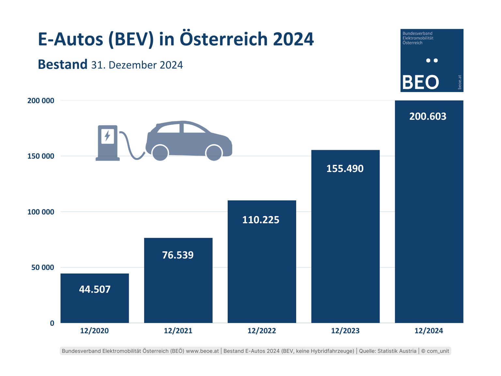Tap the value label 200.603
(x=428, y=117)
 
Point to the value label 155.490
(x=345, y=169)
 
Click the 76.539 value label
(x=178, y=255)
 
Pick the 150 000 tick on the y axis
(x=41, y=156)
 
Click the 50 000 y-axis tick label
(x=43, y=268)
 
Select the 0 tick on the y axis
(x=52, y=323)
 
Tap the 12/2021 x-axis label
(x=178, y=331)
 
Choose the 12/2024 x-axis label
(x=429, y=331)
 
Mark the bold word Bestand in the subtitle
(x=63, y=65)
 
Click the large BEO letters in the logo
(x=420, y=82)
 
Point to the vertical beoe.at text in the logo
(x=460, y=82)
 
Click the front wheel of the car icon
(x=214, y=152)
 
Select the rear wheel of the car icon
(x=160, y=152)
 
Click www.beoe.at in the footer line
(x=202, y=351)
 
